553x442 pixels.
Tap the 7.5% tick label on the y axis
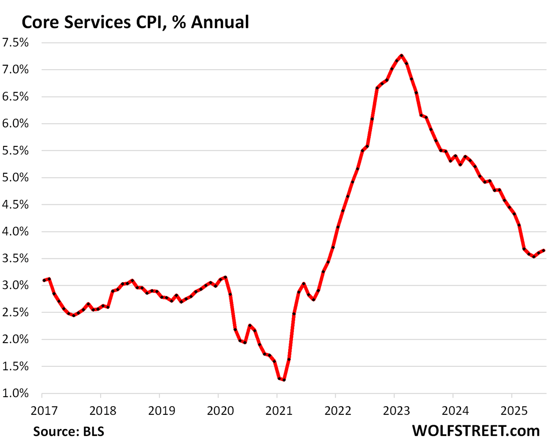pos(16,43)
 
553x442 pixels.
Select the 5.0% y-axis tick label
pos(16,178)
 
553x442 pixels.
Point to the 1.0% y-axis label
pos(16,394)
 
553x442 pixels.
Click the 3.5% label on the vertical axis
pos(16,259)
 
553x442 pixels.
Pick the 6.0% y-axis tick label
pos(16,124)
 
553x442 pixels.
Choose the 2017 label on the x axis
pos(44,410)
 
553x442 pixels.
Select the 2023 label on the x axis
pos(397,410)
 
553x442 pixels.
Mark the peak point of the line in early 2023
pos(401,55)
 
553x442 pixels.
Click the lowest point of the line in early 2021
pos(284,380)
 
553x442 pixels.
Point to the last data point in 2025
pos(543,251)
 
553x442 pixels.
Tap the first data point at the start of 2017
pos(44,280)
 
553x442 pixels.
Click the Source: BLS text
pos(69,431)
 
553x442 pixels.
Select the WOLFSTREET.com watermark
pos(476,430)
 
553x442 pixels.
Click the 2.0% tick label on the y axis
pos(16,340)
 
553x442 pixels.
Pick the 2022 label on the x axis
pos(338,410)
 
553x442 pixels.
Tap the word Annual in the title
pos(220,22)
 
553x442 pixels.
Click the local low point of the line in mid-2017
pos(73,315)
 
